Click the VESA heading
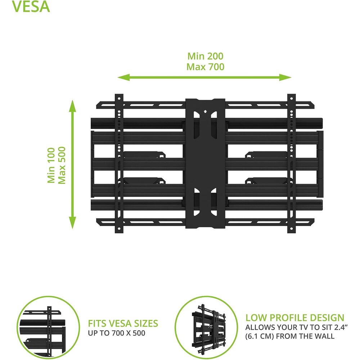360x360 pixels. [31, 6]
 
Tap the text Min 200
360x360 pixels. [205, 56]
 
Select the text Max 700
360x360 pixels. [205, 67]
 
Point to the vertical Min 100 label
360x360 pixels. [51, 165]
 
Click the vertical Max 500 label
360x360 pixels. [62, 165]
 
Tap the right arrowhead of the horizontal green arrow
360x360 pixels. [285, 77]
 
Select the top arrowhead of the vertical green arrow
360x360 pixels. [73, 106]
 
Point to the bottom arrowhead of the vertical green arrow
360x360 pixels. [73, 223]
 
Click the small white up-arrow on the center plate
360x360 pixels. [205, 112]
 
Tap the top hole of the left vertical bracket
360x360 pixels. [119, 99]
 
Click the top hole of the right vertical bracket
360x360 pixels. [291, 99]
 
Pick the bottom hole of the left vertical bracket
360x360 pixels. [119, 229]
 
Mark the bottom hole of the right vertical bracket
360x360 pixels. [291, 229]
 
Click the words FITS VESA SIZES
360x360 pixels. [123, 324]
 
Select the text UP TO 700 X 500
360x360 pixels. [117, 333]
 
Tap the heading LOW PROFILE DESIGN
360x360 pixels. [295, 318]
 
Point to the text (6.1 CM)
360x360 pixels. [260, 336]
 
